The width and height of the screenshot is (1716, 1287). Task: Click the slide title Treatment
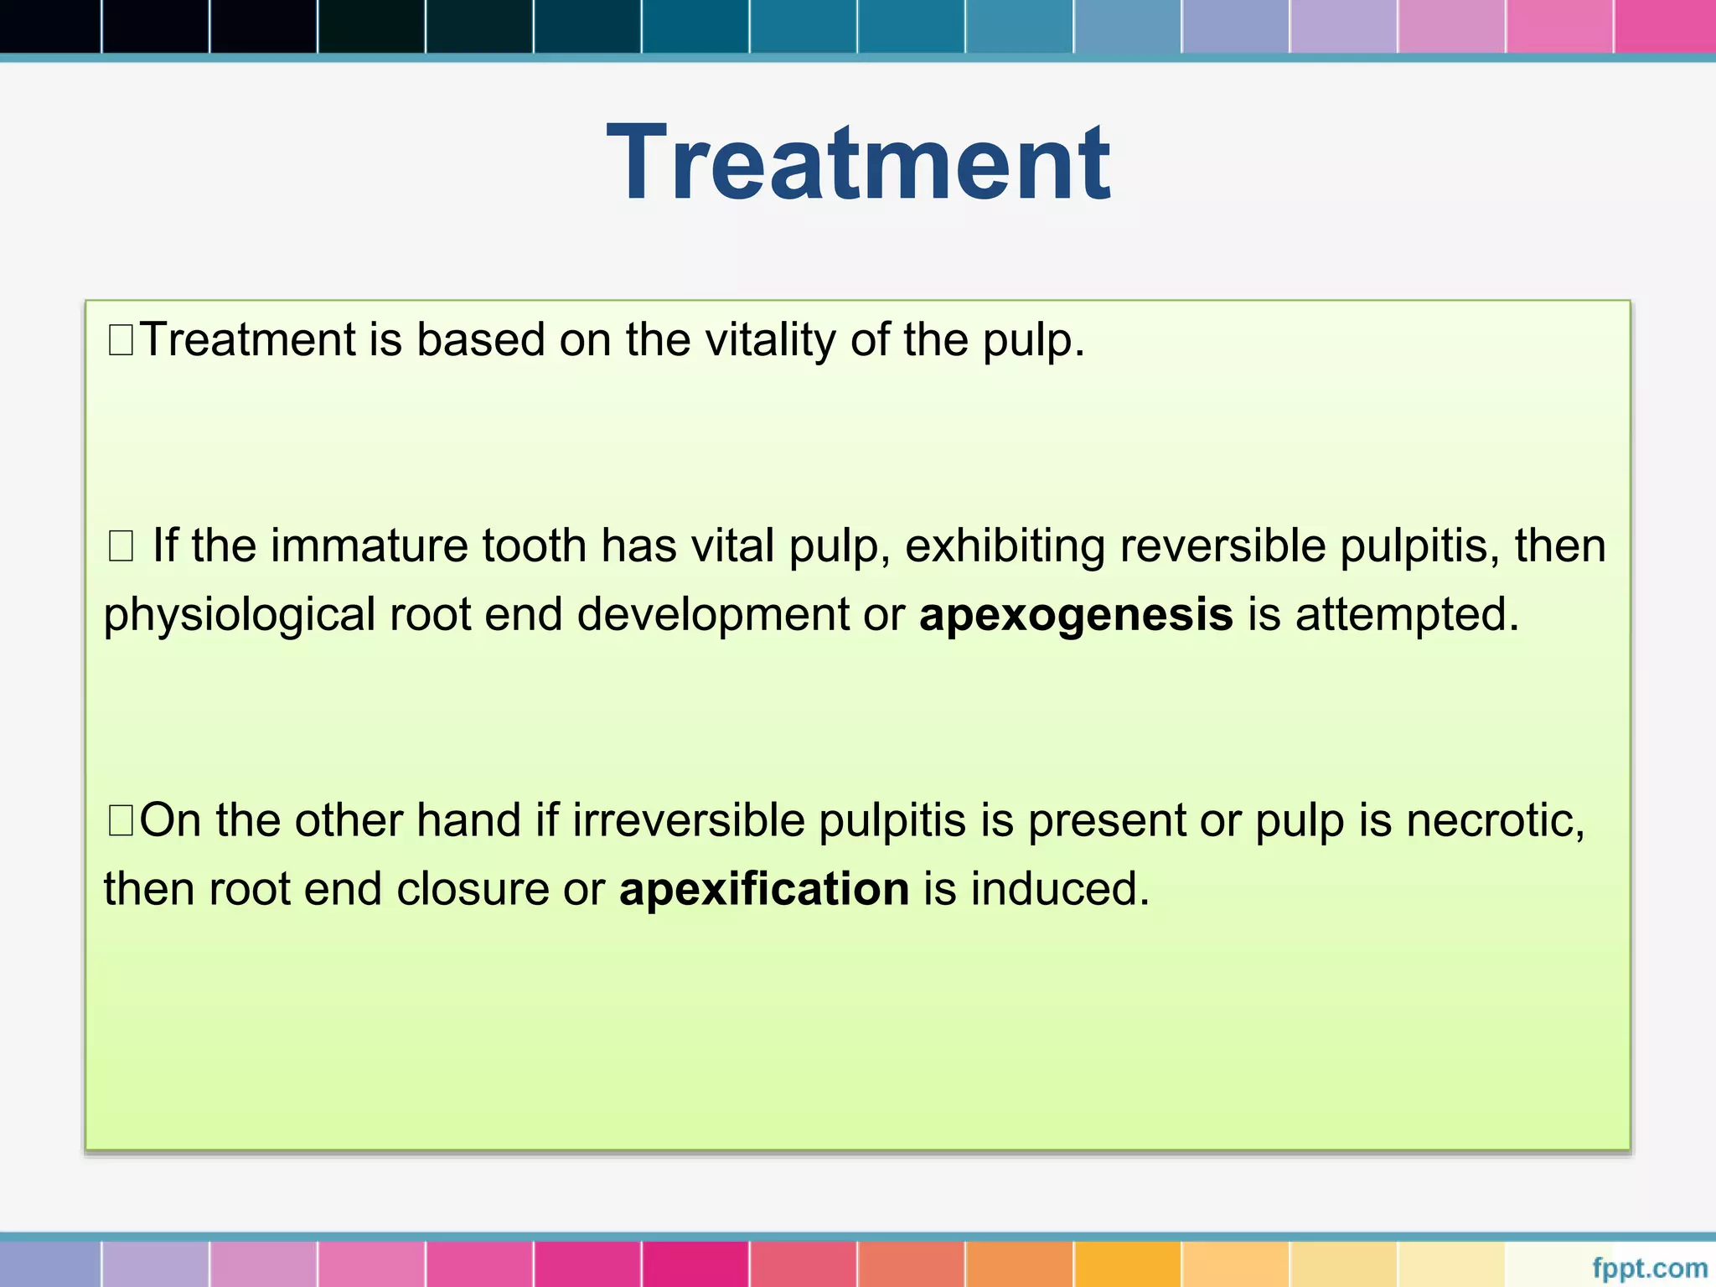tap(858, 163)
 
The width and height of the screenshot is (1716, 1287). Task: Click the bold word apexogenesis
tap(1076, 614)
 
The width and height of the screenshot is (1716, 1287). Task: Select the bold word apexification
tap(764, 888)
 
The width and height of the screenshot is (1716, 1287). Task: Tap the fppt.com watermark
tap(1649, 1268)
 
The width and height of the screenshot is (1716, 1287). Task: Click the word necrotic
tap(1495, 819)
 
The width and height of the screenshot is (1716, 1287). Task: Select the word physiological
tap(240, 616)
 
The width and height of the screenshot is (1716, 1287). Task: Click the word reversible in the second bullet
tap(1222, 545)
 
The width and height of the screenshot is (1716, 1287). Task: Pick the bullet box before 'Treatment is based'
tap(121, 340)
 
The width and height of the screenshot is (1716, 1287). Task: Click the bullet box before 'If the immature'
tap(121, 546)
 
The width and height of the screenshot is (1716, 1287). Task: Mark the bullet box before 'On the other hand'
tap(121, 820)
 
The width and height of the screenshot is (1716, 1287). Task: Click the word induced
tap(1060, 888)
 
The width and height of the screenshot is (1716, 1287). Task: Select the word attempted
tap(1407, 614)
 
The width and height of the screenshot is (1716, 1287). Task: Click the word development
tap(713, 616)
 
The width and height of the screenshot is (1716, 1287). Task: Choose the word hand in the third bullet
tap(469, 819)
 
